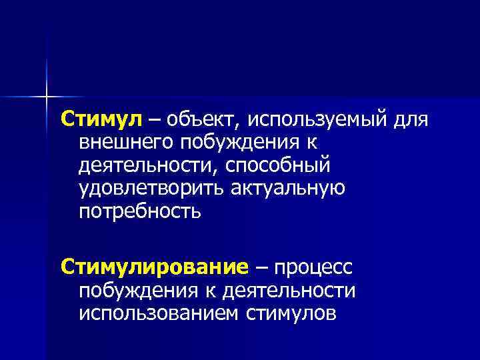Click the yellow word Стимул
pyautogui.click(x=101, y=119)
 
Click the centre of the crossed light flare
pyautogui.click(x=47, y=97)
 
